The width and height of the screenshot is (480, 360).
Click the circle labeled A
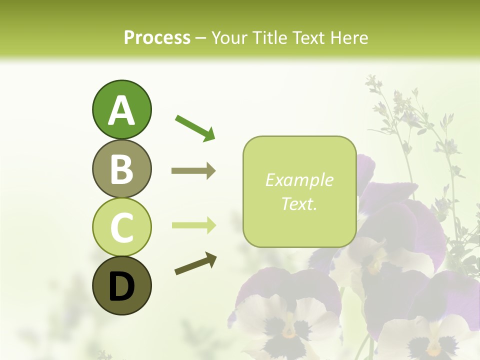click(121, 109)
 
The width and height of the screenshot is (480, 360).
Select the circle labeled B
click(121, 168)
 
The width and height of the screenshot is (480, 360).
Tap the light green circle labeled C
click(121, 227)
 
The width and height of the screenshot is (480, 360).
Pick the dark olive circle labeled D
click(121, 285)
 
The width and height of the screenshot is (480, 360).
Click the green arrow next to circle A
click(195, 128)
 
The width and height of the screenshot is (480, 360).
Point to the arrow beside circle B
click(193, 171)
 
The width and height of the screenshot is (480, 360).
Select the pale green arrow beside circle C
click(193, 225)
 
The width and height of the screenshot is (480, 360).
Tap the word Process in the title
click(157, 38)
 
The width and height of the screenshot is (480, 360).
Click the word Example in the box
click(299, 180)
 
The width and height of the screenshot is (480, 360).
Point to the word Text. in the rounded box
click(299, 203)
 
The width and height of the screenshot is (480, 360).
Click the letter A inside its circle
click(121, 110)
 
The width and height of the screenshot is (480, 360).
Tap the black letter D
click(121, 286)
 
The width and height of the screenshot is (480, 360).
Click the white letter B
click(121, 169)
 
